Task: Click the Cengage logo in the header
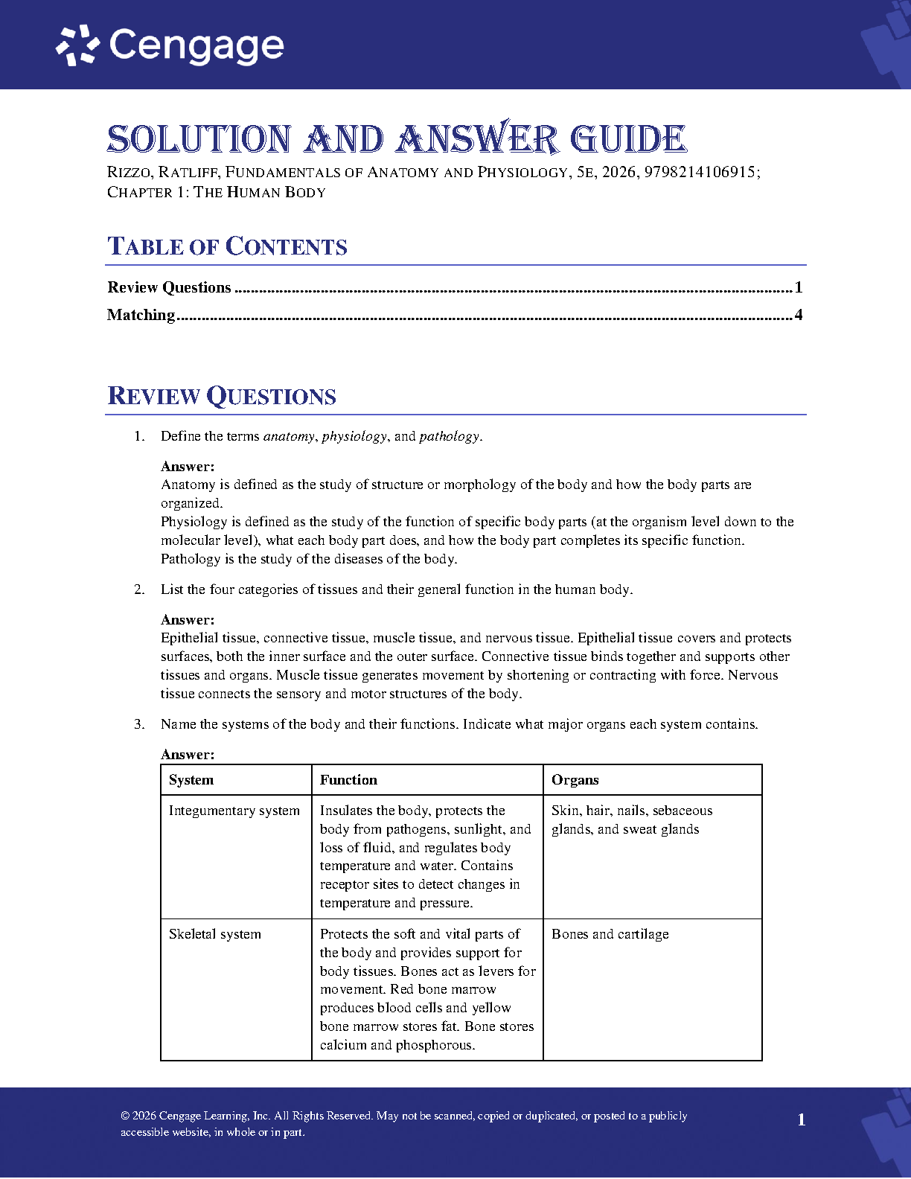[170, 45]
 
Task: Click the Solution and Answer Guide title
[396, 139]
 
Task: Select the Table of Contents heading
[227, 246]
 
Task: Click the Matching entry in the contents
[141, 315]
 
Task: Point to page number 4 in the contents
[799, 315]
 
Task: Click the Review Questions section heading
[222, 396]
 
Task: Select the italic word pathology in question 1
[449, 436]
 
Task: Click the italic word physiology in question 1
[354, 436]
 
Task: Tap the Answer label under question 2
[188, 619]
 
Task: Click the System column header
[191, 780]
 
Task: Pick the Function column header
[348, 780]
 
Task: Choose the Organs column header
[575, 780]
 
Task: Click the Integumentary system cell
[234, 811]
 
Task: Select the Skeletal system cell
[214, 934]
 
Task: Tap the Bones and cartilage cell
[610, 934]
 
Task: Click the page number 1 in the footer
[801, 1119]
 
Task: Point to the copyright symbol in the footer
[125, 1116]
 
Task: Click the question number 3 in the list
[138, 724]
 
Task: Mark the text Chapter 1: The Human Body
[217, 192]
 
